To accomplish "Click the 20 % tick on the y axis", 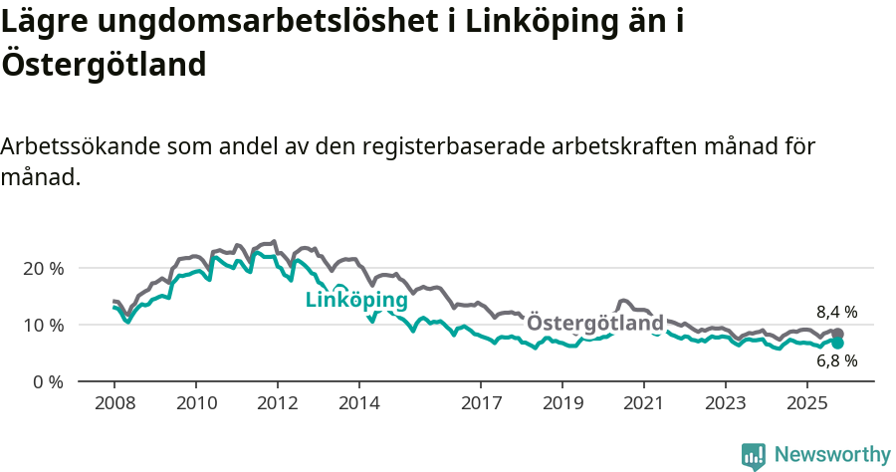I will [42, 269].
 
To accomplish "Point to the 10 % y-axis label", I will [42, 326].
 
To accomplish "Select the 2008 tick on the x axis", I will [114, 404].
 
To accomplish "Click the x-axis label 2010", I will [196, 404].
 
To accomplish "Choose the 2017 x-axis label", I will [481, 404].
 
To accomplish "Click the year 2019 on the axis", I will [562, 404].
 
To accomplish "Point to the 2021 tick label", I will [644, 404].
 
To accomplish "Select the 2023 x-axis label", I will [726, 404].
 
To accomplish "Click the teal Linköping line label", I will [356, 301].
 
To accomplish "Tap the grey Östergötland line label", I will [594, 324].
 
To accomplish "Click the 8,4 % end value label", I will [836, 312].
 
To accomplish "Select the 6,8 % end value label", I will [836, 361].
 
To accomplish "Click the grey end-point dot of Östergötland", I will [837, 335].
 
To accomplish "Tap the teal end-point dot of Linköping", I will [837, 344].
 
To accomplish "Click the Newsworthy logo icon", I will [754, 455].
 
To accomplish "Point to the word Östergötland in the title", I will [104, 64].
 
